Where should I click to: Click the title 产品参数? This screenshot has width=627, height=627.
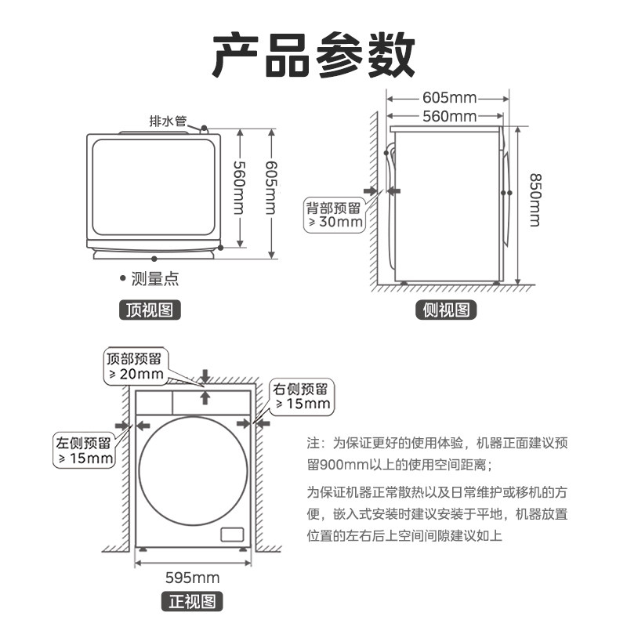tap(313, 54)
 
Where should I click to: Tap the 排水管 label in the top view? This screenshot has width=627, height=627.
tap(168, 121)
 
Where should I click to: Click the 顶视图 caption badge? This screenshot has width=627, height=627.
tap(149, 310)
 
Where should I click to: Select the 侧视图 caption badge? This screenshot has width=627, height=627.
tap(445, 310)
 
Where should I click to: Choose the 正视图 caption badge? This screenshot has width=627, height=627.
tap(192, 602)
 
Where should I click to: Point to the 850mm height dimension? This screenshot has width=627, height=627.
tap(534, 200)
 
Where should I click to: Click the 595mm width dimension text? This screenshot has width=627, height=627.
tap(192, 578)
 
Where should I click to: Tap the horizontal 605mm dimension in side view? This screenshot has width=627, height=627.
tap(449, 98)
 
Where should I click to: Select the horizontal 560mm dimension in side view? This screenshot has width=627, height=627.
tap(449, 117)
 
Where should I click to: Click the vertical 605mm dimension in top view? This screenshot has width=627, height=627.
tap(270, 188)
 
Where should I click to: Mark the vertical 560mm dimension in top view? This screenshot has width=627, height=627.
tap(240, 188)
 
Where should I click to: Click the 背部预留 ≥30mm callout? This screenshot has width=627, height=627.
tap(335, 215)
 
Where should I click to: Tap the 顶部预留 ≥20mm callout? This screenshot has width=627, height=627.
tap(135, 366)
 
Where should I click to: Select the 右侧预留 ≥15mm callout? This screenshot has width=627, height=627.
tap(301, 396)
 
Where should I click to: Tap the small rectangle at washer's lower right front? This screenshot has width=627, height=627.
tap(232, 535)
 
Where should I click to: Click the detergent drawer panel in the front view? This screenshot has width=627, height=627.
tap(154, 401)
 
